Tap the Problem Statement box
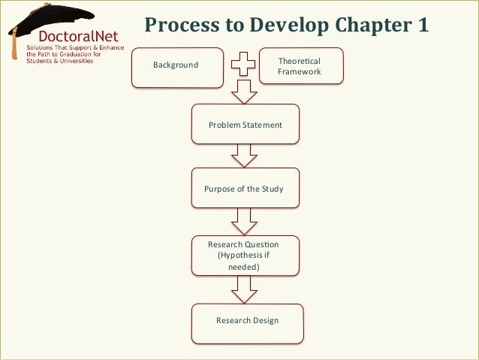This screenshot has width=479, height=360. click(246, 125)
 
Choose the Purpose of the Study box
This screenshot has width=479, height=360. click(244, 189)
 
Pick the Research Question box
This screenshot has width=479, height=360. click(243, 256)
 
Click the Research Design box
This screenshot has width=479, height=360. click(247, 321)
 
